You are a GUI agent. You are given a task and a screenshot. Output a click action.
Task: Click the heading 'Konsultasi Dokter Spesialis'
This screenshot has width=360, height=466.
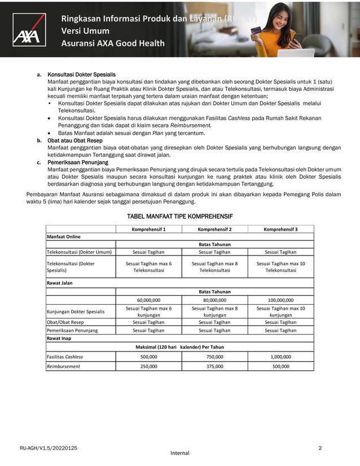coord(81,74)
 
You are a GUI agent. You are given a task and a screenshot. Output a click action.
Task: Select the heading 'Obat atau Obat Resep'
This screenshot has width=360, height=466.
coord(75,140)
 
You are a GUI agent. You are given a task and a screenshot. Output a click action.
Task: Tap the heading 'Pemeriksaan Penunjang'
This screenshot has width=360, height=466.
coord(78,162)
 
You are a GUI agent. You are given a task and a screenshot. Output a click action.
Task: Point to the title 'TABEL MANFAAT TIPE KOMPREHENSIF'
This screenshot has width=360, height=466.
coord(180,216)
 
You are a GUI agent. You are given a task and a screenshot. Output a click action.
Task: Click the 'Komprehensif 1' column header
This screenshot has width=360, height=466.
coord(148,229)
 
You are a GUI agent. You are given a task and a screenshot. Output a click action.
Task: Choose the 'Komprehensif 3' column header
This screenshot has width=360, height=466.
coord(280,229)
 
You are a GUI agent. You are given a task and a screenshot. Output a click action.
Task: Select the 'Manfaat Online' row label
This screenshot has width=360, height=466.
coord(63,236)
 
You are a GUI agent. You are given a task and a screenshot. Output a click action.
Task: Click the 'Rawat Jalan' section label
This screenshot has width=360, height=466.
coord(60,283)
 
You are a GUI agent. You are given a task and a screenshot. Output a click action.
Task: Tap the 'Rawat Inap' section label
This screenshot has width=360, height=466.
coord(59,338)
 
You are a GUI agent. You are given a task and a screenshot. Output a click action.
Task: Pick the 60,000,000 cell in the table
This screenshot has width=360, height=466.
coord(148,300)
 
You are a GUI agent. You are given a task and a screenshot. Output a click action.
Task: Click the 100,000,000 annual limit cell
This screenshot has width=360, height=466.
coord(280,300)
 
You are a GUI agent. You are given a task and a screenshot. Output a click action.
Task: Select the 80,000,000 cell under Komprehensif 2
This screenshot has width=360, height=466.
coord(214,300)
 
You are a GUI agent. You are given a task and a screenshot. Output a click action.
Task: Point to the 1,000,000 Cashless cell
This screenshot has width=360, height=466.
coord(280,357)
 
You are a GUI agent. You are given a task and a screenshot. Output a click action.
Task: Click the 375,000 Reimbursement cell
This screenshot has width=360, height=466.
coord(214,366)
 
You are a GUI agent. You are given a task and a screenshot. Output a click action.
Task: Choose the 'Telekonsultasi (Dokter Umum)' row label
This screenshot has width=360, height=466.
coord(79,252)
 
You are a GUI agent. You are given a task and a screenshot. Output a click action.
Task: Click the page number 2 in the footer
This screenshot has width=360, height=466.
coord(320,448)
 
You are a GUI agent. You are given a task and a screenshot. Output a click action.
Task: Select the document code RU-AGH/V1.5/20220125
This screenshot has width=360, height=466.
coord(49,448)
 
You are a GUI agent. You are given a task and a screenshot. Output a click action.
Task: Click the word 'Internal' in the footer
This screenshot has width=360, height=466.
coord(179,453)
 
